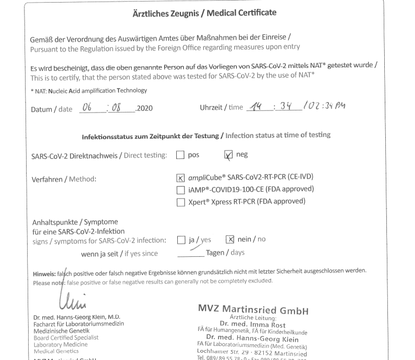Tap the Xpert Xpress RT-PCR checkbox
[x=181, y=201]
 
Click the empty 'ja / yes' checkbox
[x=181, y=240]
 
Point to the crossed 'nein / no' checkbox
[x=230, y=240]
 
